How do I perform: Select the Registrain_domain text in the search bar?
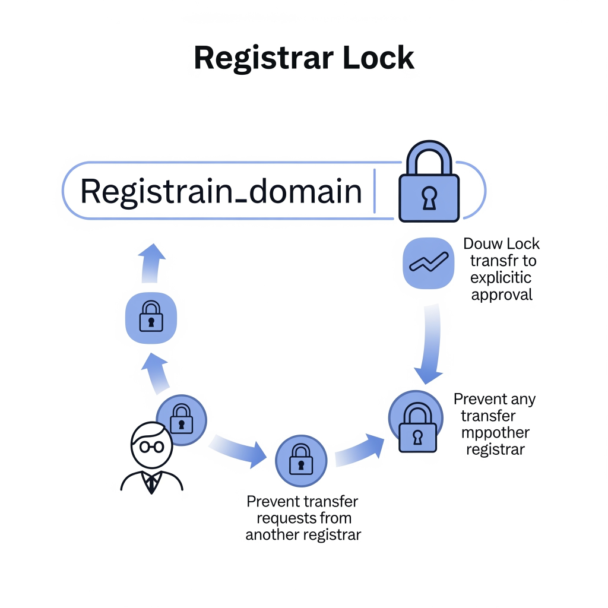(x=220, y=192)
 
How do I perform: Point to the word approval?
(x=502, y=294)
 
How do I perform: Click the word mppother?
(x=495, y=432)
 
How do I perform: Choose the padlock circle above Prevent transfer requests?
(x=301, y=461)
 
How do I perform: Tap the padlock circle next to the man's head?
(x=181, y=419)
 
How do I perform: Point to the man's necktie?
(x=152, y=484)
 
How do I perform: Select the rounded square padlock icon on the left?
(x=151, y=318)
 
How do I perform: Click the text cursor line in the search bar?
(x=375, y=190)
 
